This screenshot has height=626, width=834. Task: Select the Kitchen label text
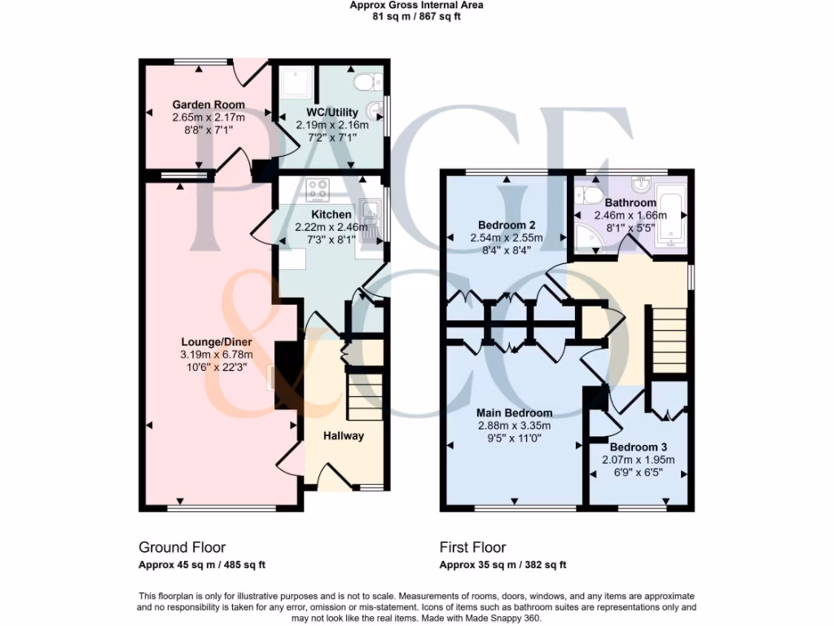click(331, 215)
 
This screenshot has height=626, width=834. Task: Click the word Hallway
click(343, 436)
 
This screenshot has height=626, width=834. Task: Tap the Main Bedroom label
click(515, 412)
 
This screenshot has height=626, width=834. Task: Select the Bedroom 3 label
click(639, 447)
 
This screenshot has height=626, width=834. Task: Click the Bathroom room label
click(630, 203)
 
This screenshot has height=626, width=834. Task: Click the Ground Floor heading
click(182, 548)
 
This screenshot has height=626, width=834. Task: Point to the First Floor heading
click(472, 548)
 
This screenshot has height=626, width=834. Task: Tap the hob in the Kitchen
click(318, 191)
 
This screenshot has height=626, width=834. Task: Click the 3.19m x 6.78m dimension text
click(216, 355)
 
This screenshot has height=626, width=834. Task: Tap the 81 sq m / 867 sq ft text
click(416, 16)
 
